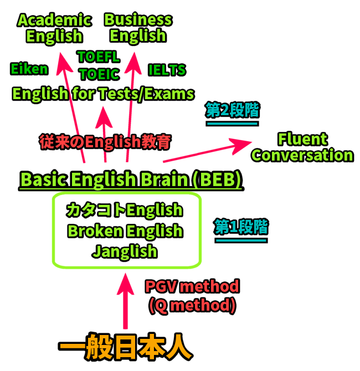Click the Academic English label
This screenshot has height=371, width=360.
pos(54,28)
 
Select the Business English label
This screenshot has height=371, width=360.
pos(138,28)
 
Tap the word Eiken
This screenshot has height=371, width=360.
pos(29,69)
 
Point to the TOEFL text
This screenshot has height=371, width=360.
pos(99,57)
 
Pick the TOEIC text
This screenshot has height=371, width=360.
pos(99,74)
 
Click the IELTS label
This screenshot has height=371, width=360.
pos(167,70)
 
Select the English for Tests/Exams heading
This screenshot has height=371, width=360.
pos(103,94)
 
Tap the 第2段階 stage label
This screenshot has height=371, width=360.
pos(232,111)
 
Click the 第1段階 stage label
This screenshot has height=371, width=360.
pos(241,226)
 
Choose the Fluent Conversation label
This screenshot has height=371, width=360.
pos(302,147)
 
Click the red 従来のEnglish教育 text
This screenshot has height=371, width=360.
pos(105,142)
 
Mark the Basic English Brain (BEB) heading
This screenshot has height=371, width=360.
pos(132,180)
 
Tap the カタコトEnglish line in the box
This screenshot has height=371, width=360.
pos(124,210)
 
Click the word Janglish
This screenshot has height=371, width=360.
pos(125,251)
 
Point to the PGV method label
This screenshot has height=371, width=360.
pos(192,287)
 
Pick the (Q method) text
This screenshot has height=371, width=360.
pos(192,305)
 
